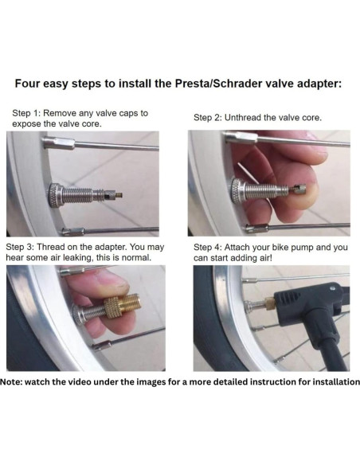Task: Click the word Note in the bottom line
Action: (x=15, y=383)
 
